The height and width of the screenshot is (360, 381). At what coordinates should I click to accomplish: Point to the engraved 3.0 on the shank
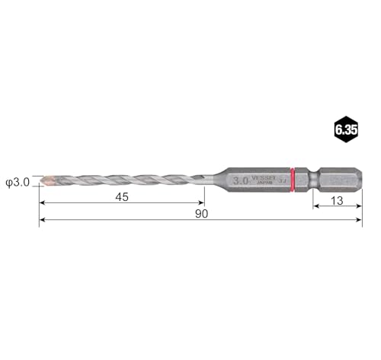click(241, 180)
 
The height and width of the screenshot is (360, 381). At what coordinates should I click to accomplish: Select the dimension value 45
click(122, 196)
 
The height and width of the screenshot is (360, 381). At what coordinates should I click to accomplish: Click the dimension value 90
click(201, 213)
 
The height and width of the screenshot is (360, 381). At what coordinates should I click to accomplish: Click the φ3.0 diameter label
click(17, 181)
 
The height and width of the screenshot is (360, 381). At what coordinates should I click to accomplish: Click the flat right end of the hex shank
click(360, 180)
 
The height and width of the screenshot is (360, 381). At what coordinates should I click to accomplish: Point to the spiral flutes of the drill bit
click(122, 181)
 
